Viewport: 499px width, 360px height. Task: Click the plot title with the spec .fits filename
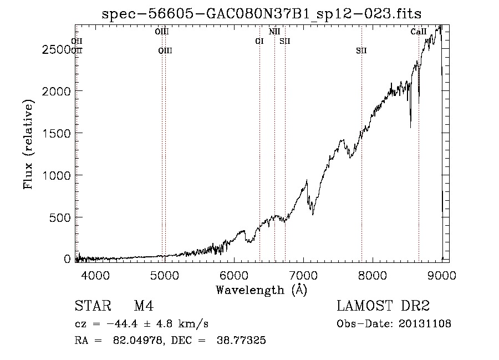pyautogui.click(x=266, y=14)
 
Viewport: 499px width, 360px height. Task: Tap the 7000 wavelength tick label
pyautogui.click(x=303, y=274)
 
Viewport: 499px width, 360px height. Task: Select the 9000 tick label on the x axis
pyautogui.click(x=441, y=274)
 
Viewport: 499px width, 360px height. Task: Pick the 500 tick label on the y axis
pyautogui.click(x=60, y=217)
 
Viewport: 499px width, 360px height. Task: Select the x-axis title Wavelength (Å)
pyautogui.click(x=261, y=290)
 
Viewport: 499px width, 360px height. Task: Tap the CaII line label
pyautogui.click(x=419, y=32)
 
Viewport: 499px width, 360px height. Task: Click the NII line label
pyautogui.click(x=274, y=32)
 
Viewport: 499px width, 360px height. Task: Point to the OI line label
pyautogui.click(x=259, y=42)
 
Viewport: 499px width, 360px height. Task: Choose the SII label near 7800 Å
pyautogui.click(x=361, y=51)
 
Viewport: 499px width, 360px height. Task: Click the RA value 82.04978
pyautogui.click(x=139, y=341)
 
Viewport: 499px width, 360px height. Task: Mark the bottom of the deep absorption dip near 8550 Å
pyautogui.click(x=410, y=128)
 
